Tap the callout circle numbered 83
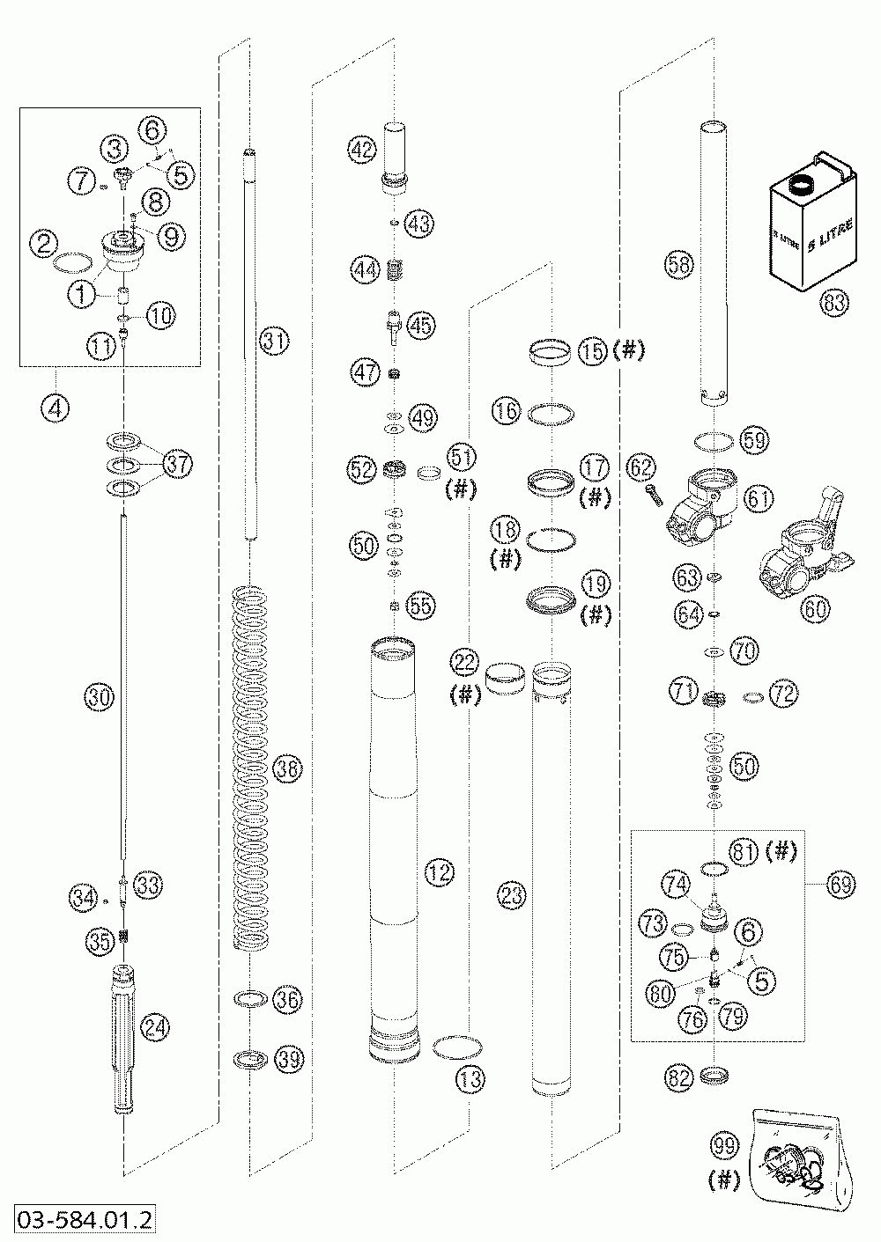pos(833,304)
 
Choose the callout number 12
pos(438,873)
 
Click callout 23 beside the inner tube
pos(512,897)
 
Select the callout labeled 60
pos(815,608)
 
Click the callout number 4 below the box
pos(54,408)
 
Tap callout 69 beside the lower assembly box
pos(840,886)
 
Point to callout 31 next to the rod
pos(274,341)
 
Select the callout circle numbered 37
pos(178,464)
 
